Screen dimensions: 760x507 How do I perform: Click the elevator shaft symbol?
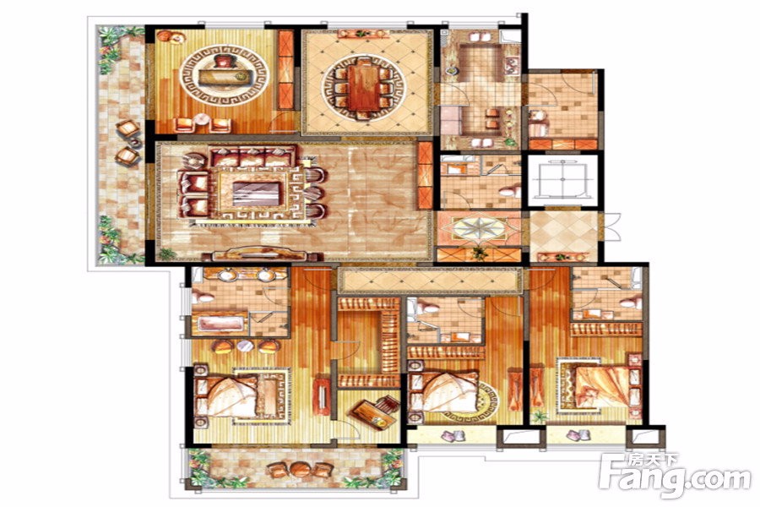[x=562, y=179]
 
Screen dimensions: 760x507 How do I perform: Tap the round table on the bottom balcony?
[x=296, y=470]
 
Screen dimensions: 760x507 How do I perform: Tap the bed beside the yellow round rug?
[x=443, y=392]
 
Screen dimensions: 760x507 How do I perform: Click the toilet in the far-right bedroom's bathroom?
[x=630, y=303]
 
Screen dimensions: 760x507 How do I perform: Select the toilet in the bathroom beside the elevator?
[x=509, y=191]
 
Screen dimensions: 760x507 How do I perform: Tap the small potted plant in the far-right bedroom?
[x=539, y=417]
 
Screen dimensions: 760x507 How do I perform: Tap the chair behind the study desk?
[x=224, y=62]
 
